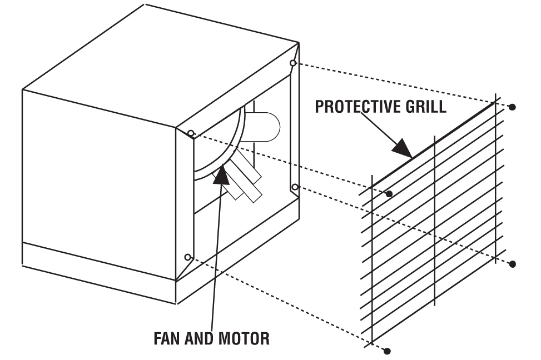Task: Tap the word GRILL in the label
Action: pos(425,107)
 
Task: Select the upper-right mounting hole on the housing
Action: pos(293,63)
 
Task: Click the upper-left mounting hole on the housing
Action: pos(191,133)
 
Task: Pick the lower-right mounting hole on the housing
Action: pos(295,187)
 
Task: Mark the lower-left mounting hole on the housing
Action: pos(188,257)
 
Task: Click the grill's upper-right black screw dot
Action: pos(512,106)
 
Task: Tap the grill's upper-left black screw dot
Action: pos(389,193)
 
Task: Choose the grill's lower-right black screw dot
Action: pos(512,263)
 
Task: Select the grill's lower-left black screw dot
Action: pos(388,351)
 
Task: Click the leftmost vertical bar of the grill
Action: pos(371,261)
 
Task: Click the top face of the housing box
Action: pos(161,61)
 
